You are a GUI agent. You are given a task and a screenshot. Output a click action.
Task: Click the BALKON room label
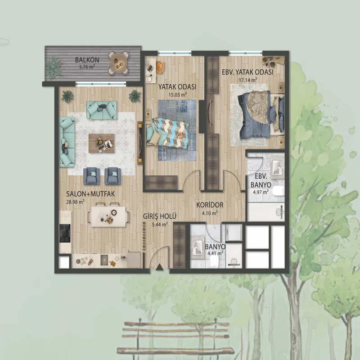(87, 60)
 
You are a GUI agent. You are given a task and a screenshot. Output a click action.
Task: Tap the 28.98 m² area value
(75, 202)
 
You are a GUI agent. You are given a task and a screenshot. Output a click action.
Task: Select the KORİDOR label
(210, 205)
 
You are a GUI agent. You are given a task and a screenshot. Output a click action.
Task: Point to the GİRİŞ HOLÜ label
(160, 216)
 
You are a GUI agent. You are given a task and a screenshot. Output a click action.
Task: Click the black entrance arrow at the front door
(159, 268)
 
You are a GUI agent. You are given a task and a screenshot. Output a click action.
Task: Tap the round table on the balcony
(118, 63)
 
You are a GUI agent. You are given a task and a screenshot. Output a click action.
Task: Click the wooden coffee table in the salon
(102, 143)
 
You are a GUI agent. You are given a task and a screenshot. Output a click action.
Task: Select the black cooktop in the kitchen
(65, 233)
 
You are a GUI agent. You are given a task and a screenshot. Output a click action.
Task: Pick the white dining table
(108, 217)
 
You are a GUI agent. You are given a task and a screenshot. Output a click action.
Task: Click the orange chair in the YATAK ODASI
(160, 67)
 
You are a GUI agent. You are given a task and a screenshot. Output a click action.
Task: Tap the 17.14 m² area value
(248, 80)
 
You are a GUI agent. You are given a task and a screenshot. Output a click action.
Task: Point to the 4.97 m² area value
(261, 192)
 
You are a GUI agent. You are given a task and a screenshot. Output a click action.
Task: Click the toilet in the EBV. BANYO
(279, 191)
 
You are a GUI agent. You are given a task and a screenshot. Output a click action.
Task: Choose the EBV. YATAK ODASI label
(247, 72)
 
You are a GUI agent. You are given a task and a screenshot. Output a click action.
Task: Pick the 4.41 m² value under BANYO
(215, 253)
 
